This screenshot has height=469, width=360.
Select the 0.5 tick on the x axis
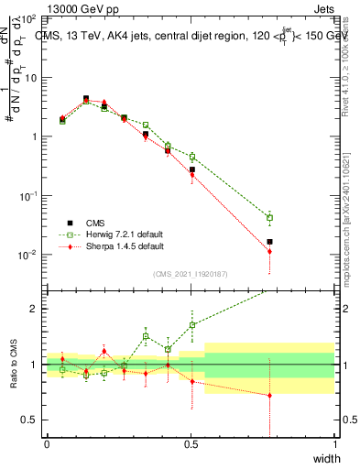click(x=191, y=443)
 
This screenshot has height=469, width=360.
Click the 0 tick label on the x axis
click(x=47, y=443)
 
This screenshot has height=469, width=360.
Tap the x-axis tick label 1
click(x=335, y=443)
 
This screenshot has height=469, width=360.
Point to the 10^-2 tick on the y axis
click(x=30, y=255)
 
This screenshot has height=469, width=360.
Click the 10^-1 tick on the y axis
click(x=30, y=196)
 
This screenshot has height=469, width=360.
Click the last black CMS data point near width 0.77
click(x=269, y=242)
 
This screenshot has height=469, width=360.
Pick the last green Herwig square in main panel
click(x=269, y=218)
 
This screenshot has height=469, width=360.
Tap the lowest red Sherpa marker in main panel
click(x=269, y=251)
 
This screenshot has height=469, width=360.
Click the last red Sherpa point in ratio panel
click(x=269, y=396)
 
